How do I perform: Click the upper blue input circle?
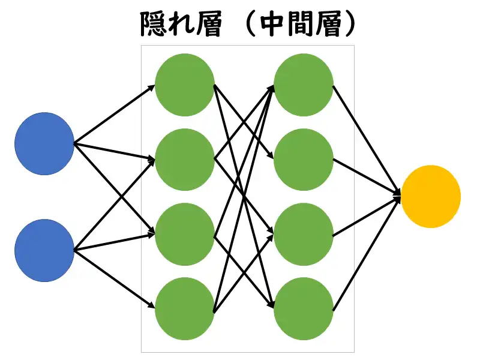point(44,144)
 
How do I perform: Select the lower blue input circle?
point(44,250)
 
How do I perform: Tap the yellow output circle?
point(430,196)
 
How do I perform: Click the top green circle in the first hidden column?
point(185,85)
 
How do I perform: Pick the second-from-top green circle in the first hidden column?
point(185,160)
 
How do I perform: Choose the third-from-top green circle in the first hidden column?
point(185,234)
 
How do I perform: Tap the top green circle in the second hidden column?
point(304,85)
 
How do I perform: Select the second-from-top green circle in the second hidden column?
point(304,160)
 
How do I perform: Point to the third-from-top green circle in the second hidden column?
point(304,234)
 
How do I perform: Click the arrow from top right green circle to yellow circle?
point(366,139)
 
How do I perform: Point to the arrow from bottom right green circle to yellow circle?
point(366,253)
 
